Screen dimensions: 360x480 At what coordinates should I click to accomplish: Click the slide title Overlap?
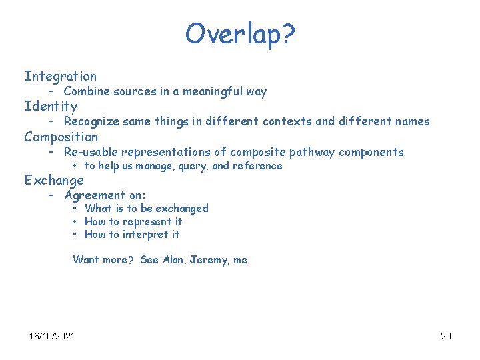pyautogui.click(x=239, y=33)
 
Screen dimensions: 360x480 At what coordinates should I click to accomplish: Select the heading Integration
pyautogui.click(x=61, y=77)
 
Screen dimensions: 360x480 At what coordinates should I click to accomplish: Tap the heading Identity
pyautogui.click(x=51, y=107)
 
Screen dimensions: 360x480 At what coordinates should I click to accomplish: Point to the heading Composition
pyautogui.click(x=61, y=137)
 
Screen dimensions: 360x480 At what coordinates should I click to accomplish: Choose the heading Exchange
pyautogui.click(x=54, y=180)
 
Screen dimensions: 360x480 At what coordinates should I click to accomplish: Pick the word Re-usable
pyautogui.click(x=91, y=152)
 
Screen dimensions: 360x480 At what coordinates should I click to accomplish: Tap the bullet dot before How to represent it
pyautogui.click(x=76, y=222)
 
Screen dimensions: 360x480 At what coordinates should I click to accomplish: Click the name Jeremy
pyautogui.click(x=209, y=260)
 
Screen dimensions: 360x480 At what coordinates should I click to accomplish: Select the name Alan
pyautogui.click(x=173, y=260)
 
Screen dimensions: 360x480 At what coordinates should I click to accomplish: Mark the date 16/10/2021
pyautogui.click(x=52, y=335)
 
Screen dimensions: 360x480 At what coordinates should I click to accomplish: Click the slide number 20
pyautogui.click(x=446, y=335)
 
